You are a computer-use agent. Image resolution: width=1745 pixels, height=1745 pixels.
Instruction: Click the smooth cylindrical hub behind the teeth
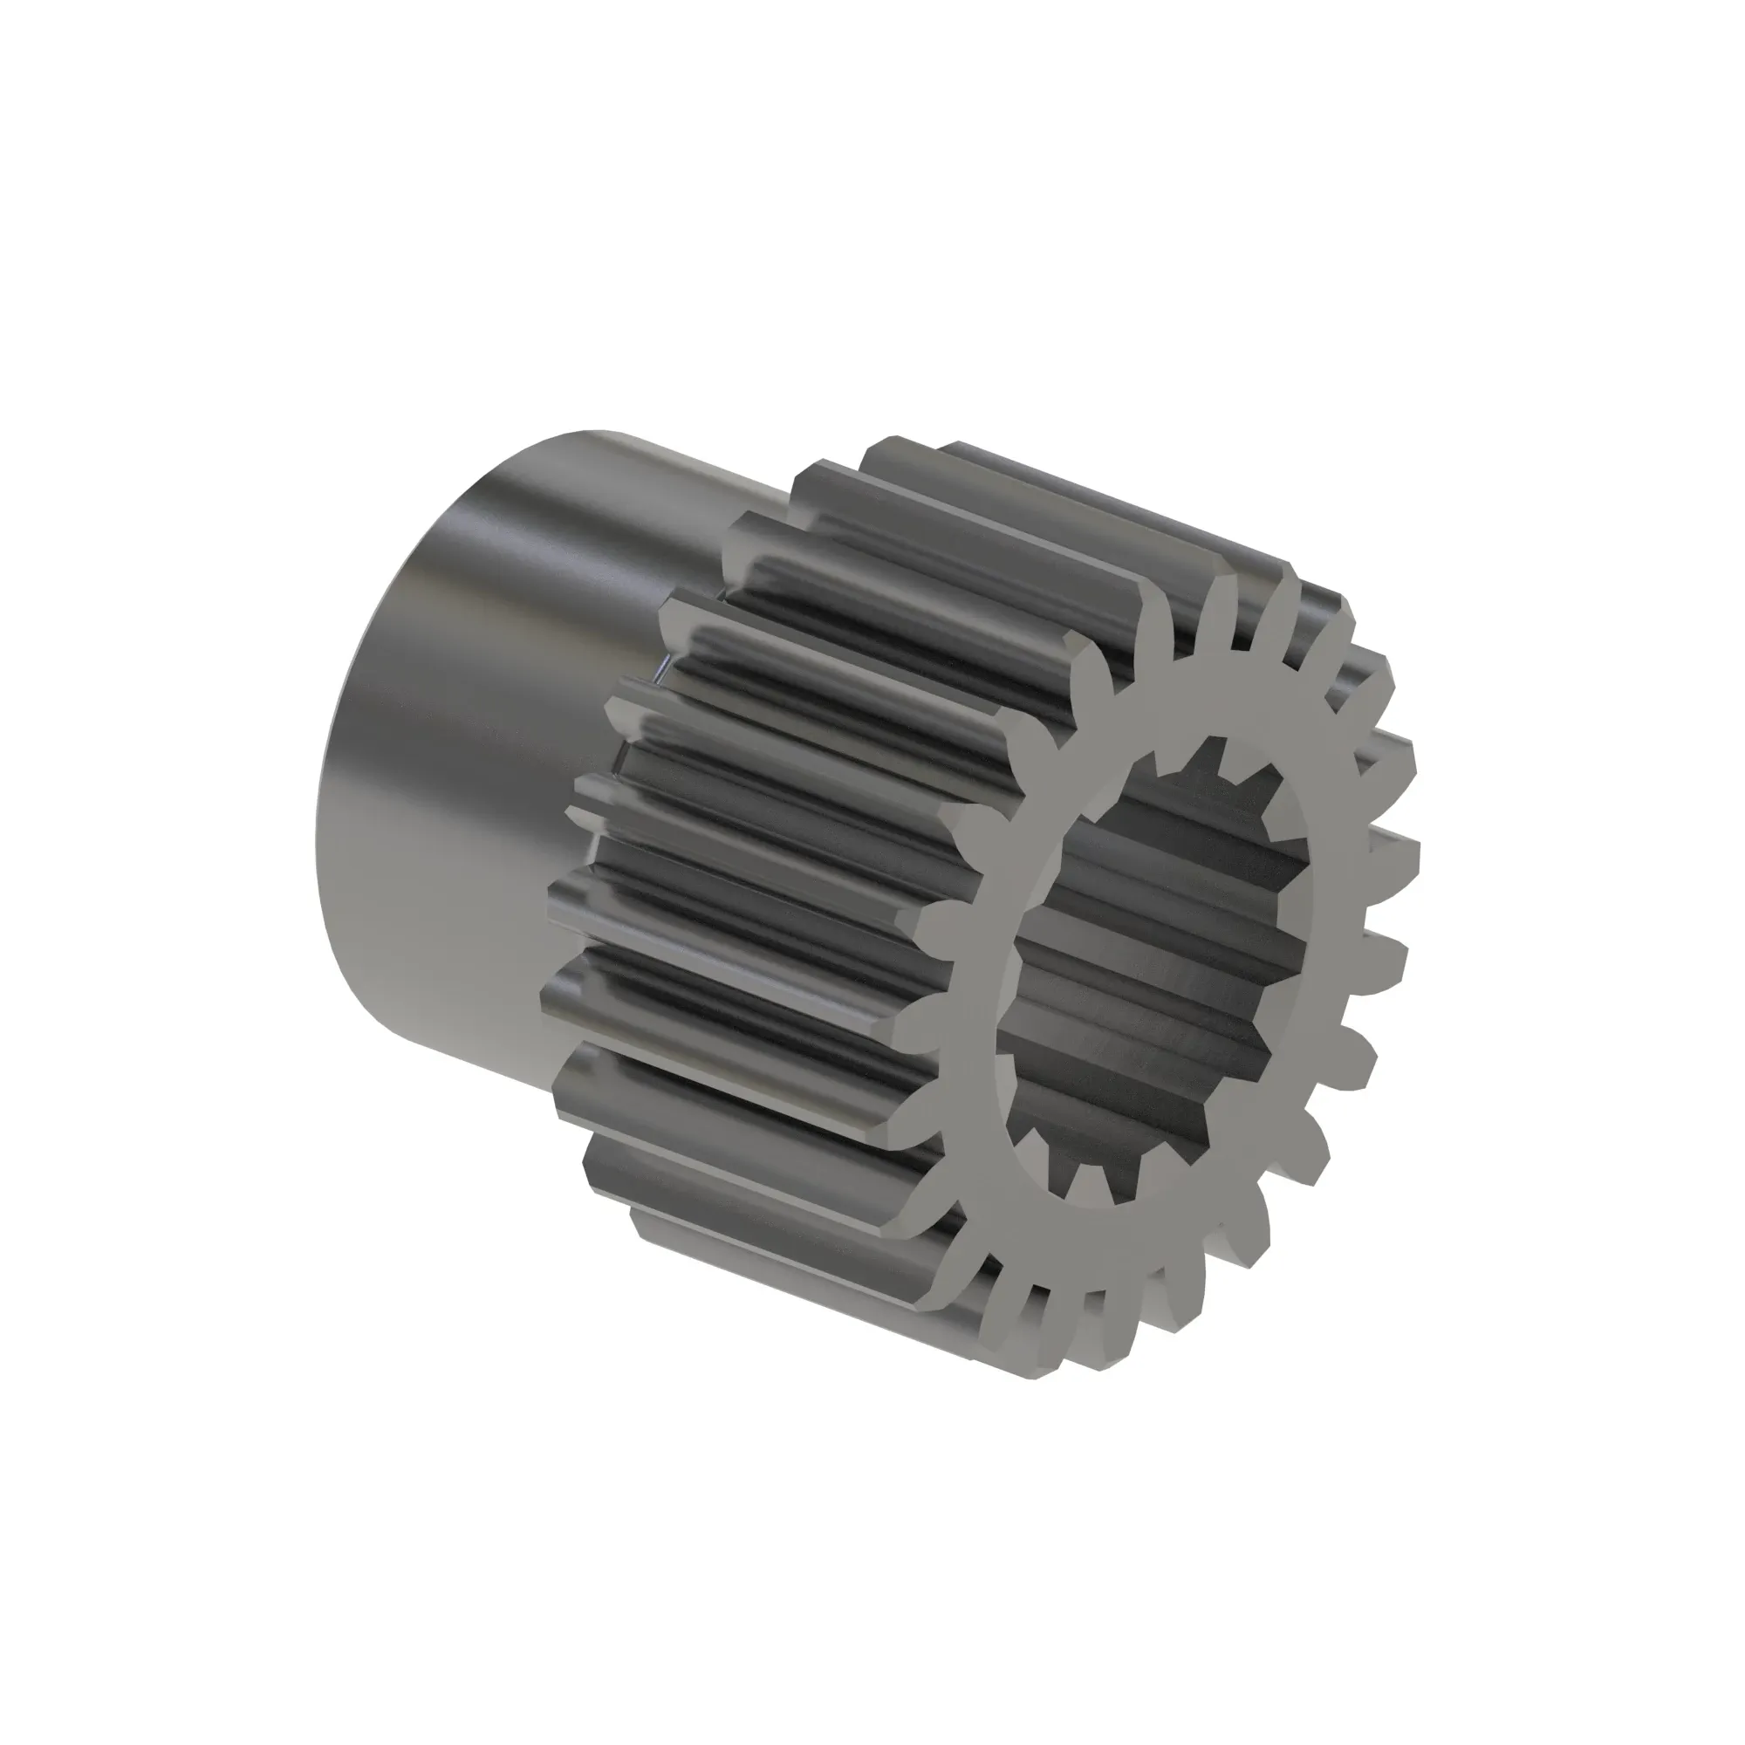click(506, 722)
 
